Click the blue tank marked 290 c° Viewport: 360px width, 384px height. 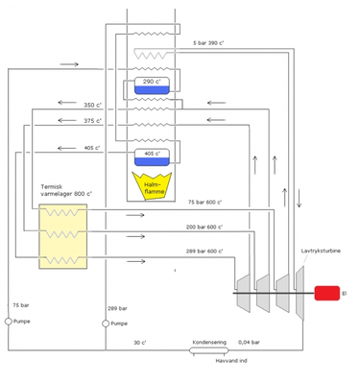coord(152,86)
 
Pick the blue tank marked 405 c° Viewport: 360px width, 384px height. coord(152,156)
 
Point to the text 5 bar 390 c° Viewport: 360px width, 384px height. coord(211,43)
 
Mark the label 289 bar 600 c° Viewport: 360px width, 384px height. coord(204,252)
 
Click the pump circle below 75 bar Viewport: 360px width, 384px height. coord(9,322)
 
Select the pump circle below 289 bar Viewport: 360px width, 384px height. coord(106,324)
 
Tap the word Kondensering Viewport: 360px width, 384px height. coord(209,342)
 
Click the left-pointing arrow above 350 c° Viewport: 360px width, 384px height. coord(68,101)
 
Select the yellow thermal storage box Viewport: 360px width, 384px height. coord(63,235)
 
